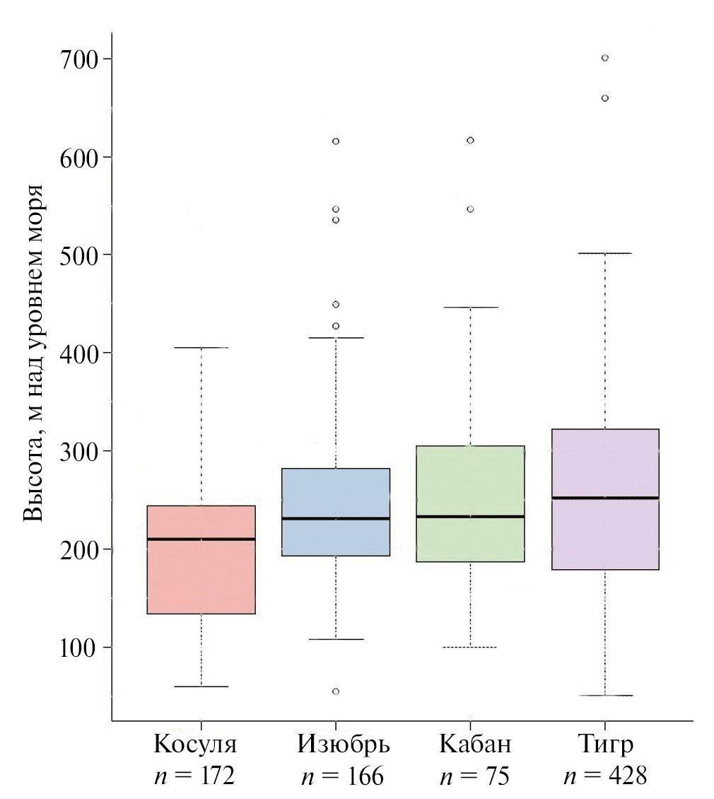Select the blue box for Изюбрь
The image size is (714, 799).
pos(335,537)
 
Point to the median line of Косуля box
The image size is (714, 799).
pos(201,539)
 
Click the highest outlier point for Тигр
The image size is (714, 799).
pos(605,58)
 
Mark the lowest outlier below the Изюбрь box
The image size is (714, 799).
pos(336,691)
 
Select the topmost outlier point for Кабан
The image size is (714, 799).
pos(470,140)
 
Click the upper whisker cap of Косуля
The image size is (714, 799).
pos(201,348)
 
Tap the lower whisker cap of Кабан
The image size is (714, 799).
pos(469,647)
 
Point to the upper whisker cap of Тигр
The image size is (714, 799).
pos(604,253)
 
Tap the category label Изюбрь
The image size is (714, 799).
pos(343,745)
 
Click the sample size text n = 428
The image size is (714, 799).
pos(605,776)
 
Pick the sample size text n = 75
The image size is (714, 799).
pos(474,776)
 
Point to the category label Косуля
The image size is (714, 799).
pos(195,745)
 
